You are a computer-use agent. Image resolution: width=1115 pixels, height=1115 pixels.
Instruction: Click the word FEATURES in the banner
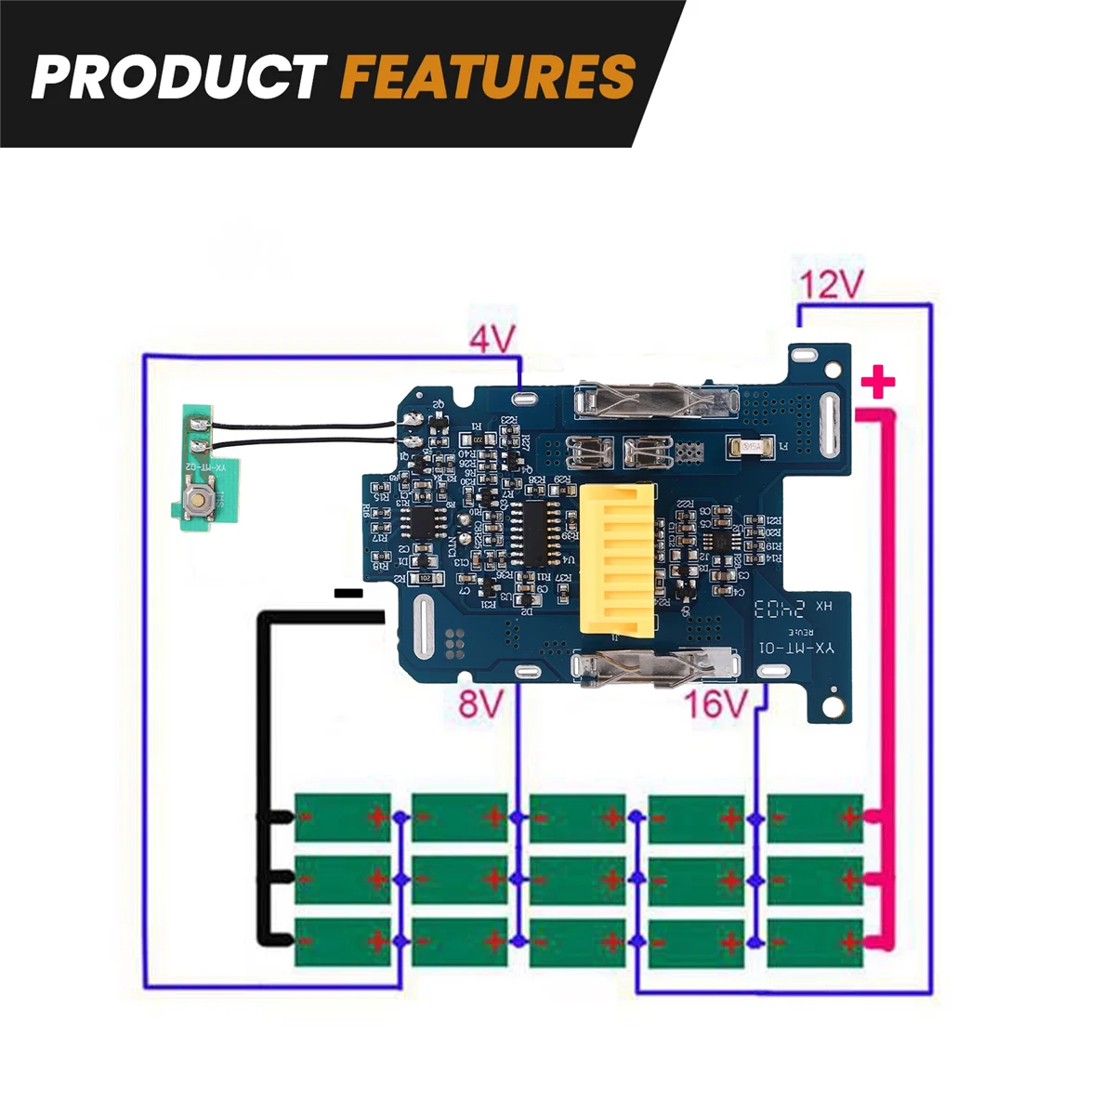pyautogui.click(x=488, y=76)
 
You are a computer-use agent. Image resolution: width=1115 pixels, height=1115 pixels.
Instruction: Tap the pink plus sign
pyautogui.click(x=878, y=383)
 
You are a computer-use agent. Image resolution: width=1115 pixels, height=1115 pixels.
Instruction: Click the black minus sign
pyautogui.click(x=348, y=592)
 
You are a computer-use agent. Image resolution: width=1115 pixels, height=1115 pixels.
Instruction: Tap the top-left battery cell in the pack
pyautogui.click(x=342, y=818)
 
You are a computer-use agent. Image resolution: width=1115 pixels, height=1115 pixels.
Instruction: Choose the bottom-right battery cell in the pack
pyautogui.click(x=815, y=942)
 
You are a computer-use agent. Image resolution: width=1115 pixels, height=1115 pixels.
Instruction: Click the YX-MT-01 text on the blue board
pyautogui.click(x=796, y=648)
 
